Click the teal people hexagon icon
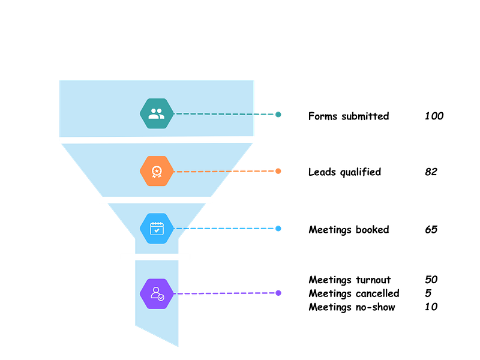pos(157,113)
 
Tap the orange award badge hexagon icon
pos(157,171)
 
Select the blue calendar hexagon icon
pos(157,229)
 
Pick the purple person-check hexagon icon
pos(157,293)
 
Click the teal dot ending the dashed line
pos(278,114)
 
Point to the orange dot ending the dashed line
pos(278,171)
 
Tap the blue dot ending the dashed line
pos(278,229)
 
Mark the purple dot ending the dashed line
pos(278,293)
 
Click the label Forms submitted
pos(349,116)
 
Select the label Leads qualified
pos(344,172)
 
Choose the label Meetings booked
pos(349,230)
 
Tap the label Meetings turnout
pos(349,280)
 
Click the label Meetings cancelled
pos(353,293)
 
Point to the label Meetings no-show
pos(352,307)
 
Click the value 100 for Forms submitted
pos(434,116)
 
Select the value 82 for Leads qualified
pos(431,172)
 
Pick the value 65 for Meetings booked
pos(431,230)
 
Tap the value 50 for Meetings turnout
pos(431,280)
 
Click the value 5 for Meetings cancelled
pos(428,293)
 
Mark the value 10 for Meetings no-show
pos(431,307)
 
